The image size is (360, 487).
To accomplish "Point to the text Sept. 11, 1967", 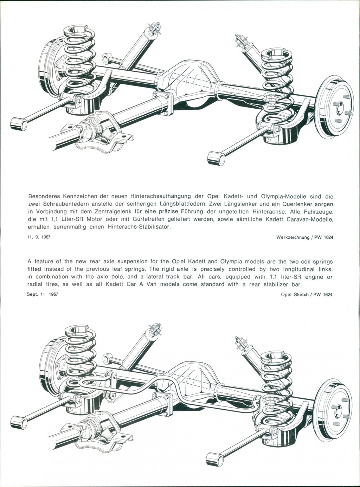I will pos(42,294).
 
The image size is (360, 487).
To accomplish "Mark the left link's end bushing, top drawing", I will pos(19,124).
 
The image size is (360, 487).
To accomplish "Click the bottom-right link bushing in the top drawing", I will pos(216,158).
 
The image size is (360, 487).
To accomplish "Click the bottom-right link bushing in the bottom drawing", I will pos(216,460).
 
